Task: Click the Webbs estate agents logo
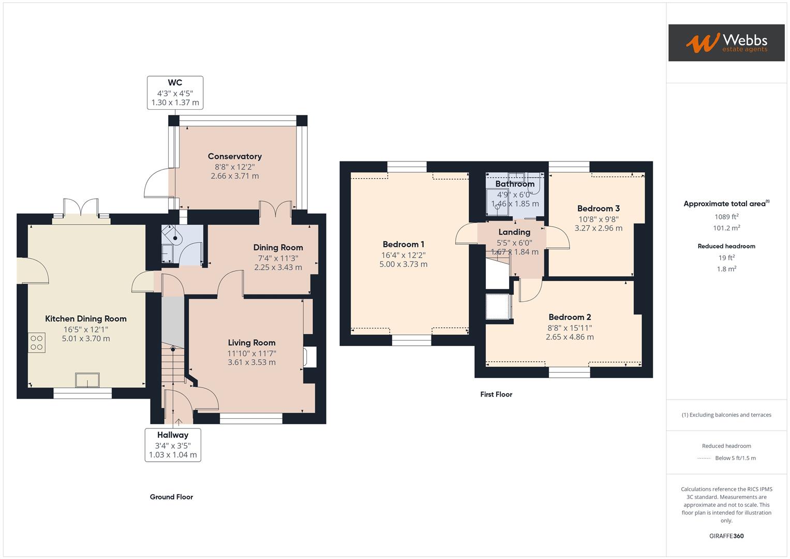tap(726, 43)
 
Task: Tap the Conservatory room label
tap(234, 156)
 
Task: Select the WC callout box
tap(175, 93)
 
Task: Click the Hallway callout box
tap(173, 445)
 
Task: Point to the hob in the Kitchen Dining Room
tap(37, 343)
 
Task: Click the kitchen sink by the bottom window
tap(87, 380)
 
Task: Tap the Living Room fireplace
tap(310, 357)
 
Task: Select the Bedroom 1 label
tap(403, 244)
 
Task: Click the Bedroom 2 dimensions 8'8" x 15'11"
tap(569, 328)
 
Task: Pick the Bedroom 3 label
tap(598, 209)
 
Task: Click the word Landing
tap(514, 232)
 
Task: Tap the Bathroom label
tap(514, 184)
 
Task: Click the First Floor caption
tap(496, 394)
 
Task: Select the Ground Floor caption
tap(171, 497)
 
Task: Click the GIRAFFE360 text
tap(726, 536)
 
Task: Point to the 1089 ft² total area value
tap(726, 217)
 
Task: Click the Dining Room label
tap(278, 247)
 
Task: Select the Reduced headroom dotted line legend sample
tap(704, 458)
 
